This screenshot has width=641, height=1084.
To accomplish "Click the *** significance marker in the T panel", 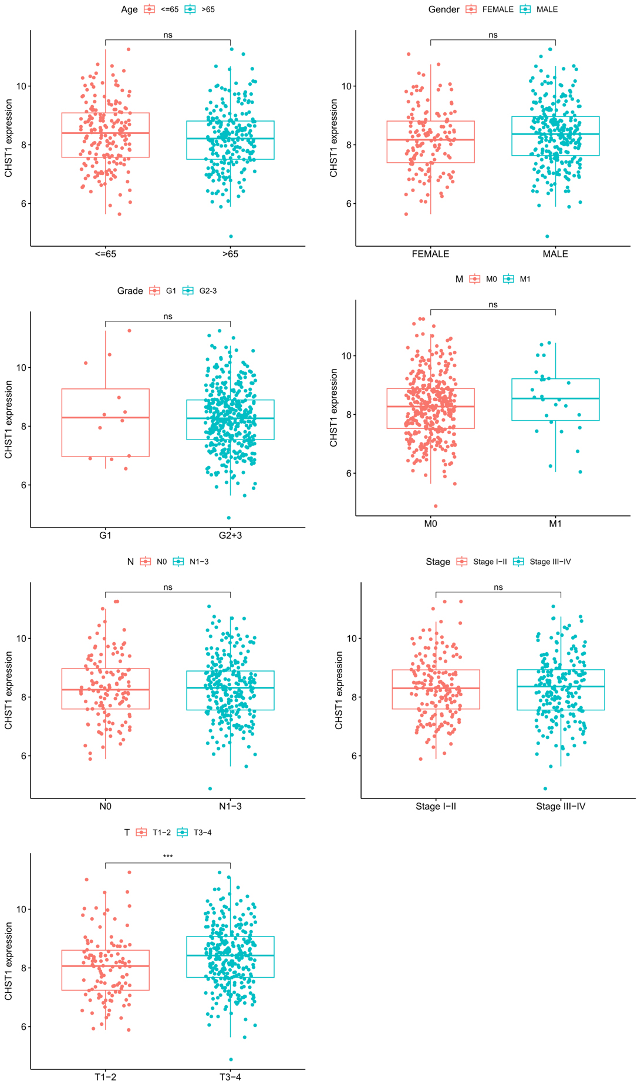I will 168,856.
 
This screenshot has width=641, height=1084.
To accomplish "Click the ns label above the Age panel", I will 168,35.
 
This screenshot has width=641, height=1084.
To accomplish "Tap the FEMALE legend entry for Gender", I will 490,9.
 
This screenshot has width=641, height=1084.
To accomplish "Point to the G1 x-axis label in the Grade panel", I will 105,535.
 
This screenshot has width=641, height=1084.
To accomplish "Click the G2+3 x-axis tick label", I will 230,535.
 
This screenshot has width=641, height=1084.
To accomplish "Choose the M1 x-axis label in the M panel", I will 555,523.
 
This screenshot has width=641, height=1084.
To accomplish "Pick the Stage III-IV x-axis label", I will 561,806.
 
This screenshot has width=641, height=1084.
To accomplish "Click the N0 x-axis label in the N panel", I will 105,806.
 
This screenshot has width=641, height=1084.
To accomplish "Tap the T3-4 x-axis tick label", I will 230,1077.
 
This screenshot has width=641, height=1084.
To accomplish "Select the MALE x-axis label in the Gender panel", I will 555,254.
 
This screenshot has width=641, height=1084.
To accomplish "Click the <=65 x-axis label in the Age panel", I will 105,254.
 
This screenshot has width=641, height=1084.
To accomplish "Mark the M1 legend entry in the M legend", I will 517,279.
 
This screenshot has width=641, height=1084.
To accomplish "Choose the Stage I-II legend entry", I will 482,562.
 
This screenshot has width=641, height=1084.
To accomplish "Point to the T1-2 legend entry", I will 154,833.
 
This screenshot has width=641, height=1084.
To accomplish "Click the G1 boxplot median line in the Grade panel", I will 105,418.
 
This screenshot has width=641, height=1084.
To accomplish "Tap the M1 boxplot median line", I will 555,398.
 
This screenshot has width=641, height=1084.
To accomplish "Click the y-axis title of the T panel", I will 8,961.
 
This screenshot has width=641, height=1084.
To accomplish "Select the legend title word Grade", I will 130,291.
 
